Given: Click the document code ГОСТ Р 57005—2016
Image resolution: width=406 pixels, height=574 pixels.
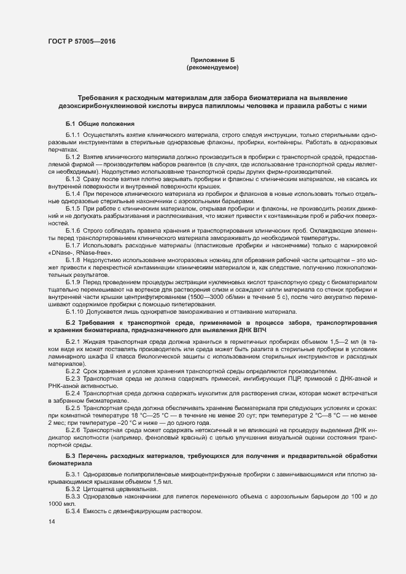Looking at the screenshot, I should pyautogui.click(x=81, y=42).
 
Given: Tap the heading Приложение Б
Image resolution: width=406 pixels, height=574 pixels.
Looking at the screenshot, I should pyautogui.click(x=212, y=60).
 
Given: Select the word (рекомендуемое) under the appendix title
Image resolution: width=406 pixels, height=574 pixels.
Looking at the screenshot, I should pyautogui.click(x=212, y=67).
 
